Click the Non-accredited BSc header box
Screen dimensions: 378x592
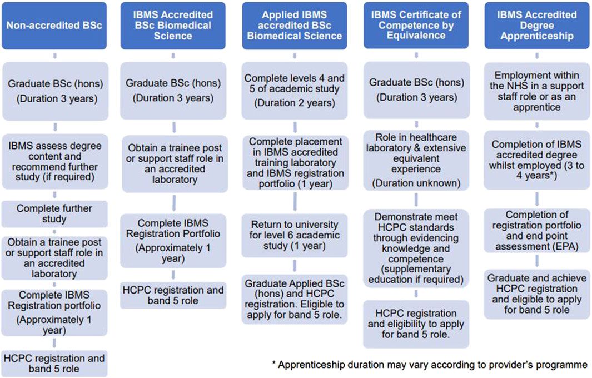click(x=54, y=26)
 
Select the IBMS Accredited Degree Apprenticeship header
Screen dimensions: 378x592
click(x=537, y=26)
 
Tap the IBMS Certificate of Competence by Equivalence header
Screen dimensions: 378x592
click(x=416, y=26)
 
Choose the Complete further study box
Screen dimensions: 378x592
click(x=54, y=214)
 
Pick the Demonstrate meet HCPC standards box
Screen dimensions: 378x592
click(x=416, y=248)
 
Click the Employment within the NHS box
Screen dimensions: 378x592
click(x=537, y=91)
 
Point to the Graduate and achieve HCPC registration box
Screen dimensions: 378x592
click(x=537, y=294)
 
